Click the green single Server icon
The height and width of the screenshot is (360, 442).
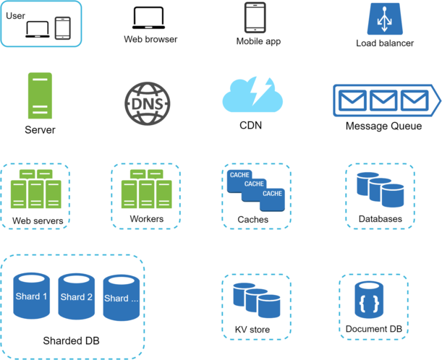pyautogui.click(x=40, y=96)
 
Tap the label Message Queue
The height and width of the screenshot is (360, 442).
pyautogui.click(x=383, y=127)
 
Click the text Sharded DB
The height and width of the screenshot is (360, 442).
pyautogui.click(x=71, y=340)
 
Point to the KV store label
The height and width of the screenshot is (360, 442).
pyautogui.click(x=252, y=330)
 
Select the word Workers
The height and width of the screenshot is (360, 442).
pyautogui.click(x=146, y=219)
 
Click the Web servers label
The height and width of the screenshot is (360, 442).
pyautogui.click(x=38, y=220)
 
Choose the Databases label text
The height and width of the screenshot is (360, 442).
pyautogui.click(x=380, y=219)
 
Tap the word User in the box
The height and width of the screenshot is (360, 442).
pyautogui.click(x=15, y=14)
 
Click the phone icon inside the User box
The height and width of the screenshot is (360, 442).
pyautogui.click(x=63, y=28)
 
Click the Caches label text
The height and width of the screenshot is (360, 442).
pyautogui.click(x=253, y=220)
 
